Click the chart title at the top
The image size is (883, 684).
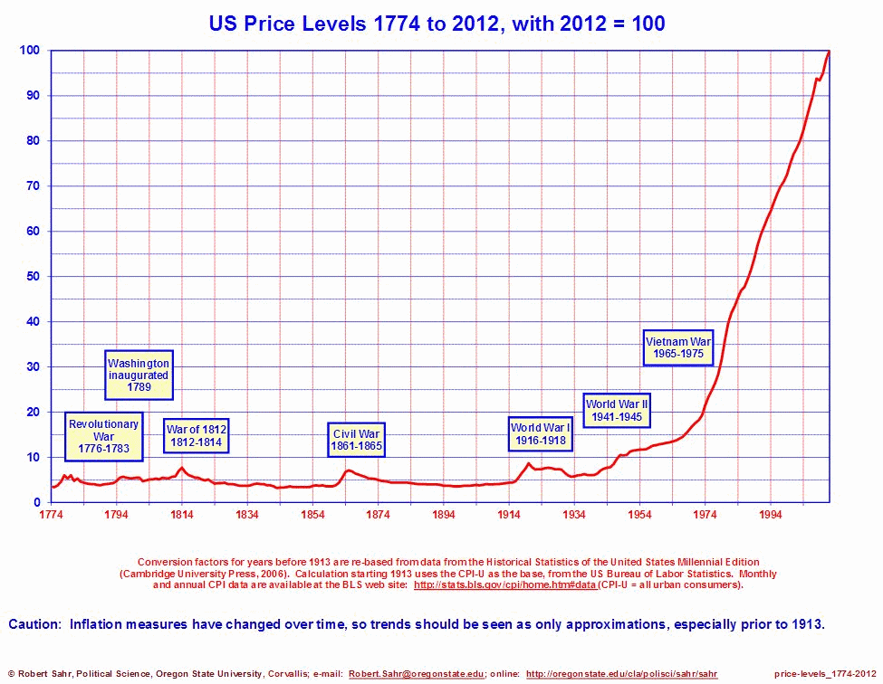(x=437, y=24)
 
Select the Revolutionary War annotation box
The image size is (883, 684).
(x=103, y=437)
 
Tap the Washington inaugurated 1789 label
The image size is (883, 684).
(x=139, y=375)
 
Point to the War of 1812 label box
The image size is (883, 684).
(x=196, y=435)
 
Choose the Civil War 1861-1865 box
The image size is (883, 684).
(x=357, y=440)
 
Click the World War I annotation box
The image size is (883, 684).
(x=540, y=433)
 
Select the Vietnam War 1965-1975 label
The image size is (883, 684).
(x=678, y=348)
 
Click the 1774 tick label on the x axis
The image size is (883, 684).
(x=51, y=515)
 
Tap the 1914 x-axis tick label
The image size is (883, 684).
(x=508, y=515)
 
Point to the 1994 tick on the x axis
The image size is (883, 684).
(x=770, y=515)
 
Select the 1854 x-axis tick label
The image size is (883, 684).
(x=312, y=515)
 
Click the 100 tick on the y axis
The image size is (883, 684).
(x=30, y=51)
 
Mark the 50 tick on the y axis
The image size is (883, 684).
(x=33, y=276)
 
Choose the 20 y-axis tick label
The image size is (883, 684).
(x=33, y=412)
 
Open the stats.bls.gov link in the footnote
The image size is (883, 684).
(x=504, y=585)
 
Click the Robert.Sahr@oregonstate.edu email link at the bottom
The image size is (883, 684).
(x=417, y=674)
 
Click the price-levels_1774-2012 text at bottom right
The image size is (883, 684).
(x=825, y=674)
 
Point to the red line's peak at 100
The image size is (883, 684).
(x=828, y=52)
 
